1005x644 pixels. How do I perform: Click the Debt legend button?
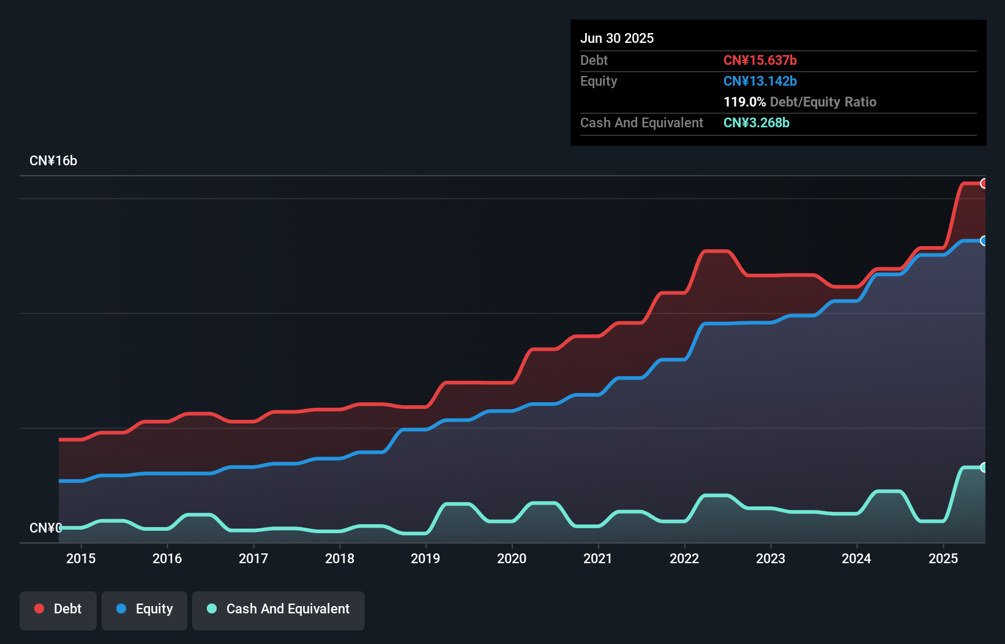click(x=58, y=610)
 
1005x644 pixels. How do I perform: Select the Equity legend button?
click(x=144, y=610)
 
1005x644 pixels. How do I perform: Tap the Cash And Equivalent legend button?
click(x=278, y=610)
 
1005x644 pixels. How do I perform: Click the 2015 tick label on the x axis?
click(x=81, y=559)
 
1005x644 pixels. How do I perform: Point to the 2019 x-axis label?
click(x=425, y=559)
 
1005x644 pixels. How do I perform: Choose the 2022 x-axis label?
click(x=684, y=559)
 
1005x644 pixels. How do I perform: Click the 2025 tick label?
click(x=943, y=559)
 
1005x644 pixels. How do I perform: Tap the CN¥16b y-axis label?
click(x=53, y=161)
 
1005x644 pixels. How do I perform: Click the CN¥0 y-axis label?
click(x=45, y=528)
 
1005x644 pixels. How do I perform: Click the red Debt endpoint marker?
click(x=984, y=184)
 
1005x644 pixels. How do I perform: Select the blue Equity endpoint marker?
click(x=984, y=241)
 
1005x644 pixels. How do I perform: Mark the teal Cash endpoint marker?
click(x=984, y=468)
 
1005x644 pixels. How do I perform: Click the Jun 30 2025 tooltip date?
click(x=617, y=39)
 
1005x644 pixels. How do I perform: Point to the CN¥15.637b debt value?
click(x=760, y=61)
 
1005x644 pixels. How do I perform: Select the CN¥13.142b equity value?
click(x=760, y=81)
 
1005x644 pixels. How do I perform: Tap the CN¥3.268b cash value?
click(x=757, y=123)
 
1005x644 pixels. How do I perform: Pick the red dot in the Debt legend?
click(x=39, y=608)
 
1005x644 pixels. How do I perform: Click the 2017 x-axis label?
click(x=253, y=559)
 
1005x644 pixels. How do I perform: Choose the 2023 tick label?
click(x=771, y=559)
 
